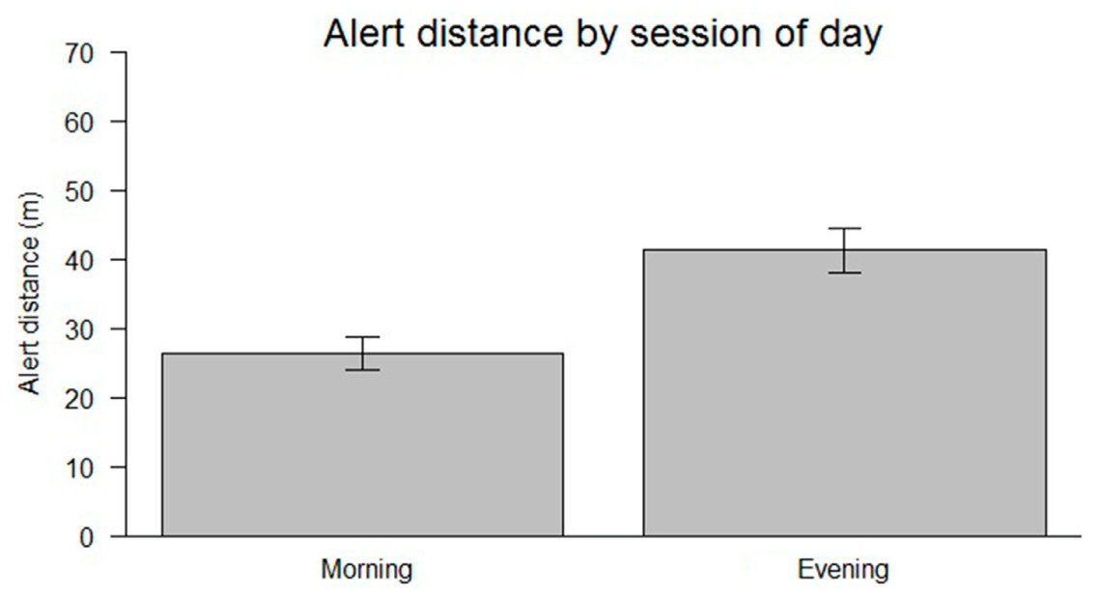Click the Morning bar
(362, 444)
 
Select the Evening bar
(845, 393)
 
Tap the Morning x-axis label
(367, 570)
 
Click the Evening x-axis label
(843, 569)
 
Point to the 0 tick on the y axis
(86, 538)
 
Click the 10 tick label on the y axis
(79, 469)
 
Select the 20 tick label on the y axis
(79, 399)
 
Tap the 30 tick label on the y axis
(79, 329)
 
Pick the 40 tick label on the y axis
(79, 260)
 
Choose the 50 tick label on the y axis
(79, 191)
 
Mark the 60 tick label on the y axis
(79, 122)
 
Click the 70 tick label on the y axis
(79, 53)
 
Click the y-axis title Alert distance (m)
(30, 294)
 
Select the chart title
(603, 34)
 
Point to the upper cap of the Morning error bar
(362, 336)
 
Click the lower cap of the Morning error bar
(362, 370)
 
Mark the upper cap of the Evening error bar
(844, 228)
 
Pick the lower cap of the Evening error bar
(844, 272)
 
